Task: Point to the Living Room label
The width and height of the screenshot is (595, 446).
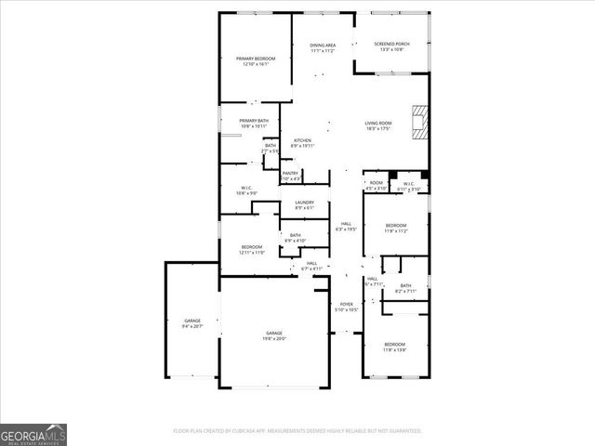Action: point(377,125)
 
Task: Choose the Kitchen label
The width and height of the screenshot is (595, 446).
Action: point(302,142)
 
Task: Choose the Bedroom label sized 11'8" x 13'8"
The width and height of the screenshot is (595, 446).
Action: point(395,347)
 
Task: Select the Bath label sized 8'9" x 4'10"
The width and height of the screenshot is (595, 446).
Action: point(295,238)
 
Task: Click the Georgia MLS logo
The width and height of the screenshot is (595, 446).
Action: point(33,435)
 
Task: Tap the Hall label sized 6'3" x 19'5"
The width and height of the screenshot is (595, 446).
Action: point(346,226)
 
